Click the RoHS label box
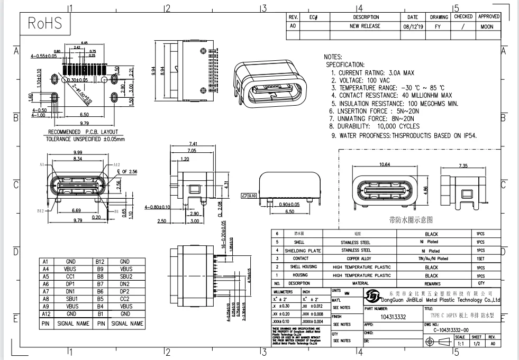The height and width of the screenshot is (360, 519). point(45,24)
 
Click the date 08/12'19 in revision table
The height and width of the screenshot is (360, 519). point(413,26)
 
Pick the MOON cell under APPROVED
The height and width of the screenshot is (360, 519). point(487,26)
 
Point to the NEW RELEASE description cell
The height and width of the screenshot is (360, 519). point(365,26)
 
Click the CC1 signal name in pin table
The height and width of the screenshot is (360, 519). point(70,276)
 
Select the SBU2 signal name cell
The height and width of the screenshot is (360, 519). point(125,276)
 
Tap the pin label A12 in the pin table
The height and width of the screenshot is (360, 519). point(45,313)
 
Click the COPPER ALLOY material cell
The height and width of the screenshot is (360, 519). point(360,259)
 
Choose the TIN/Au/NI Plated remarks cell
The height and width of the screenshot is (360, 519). point(431,259)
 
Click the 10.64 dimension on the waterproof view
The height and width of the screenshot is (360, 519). point(385,164)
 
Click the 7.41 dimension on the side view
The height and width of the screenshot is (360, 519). point(192,144)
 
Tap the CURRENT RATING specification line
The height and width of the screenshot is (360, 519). point(372,72)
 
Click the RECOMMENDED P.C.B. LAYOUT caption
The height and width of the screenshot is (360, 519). point(83,132)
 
